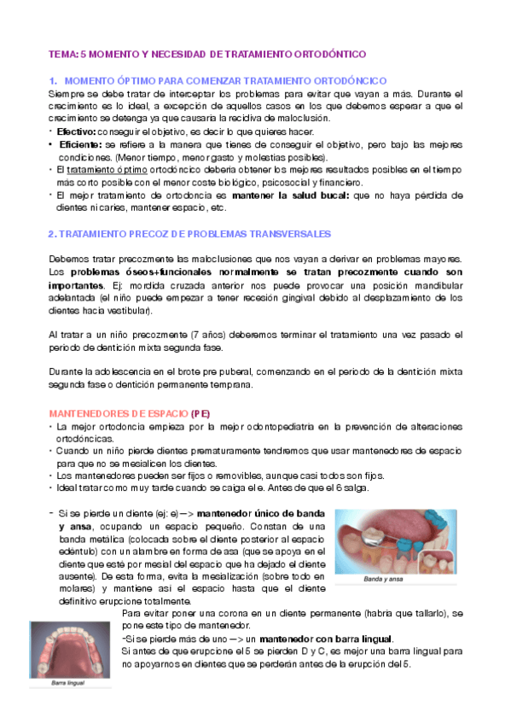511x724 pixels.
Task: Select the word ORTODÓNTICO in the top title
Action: pyautogui.click(x=325, y=53)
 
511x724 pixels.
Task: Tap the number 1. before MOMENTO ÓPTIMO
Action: pyautogui.click(x=54, y=79)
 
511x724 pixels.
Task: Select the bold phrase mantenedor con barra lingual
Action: pyautogui.click(x=332, y=639)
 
